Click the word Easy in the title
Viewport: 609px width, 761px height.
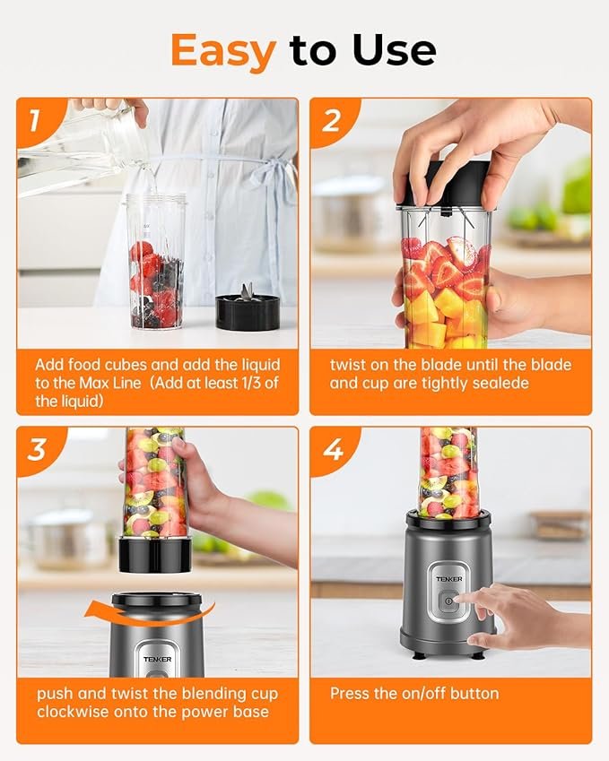tap(223, 51)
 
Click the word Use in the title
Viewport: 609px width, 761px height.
tap(395, 50)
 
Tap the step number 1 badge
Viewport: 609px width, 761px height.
tap(34, 120)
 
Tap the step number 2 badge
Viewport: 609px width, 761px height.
tap(331, 120)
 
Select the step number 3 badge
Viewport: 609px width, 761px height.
tap(37, 449)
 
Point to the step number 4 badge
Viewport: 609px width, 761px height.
tap(333, 449)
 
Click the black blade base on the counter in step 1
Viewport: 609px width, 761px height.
tap(248, 308)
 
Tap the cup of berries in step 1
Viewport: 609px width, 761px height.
tap(156, 262)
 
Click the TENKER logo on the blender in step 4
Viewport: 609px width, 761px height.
tap(449, 579)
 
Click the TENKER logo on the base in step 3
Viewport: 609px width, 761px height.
tap(157, 659)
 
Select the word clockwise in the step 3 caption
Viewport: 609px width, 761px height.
tap(73, 712)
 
